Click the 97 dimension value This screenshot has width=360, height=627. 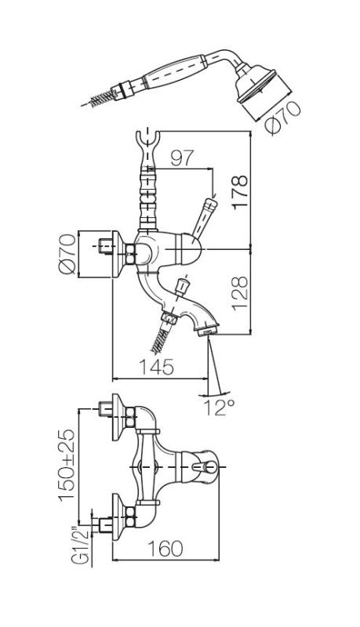(181, 158)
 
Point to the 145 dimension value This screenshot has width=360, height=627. (157, 366)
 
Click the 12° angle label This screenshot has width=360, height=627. (222, 407)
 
